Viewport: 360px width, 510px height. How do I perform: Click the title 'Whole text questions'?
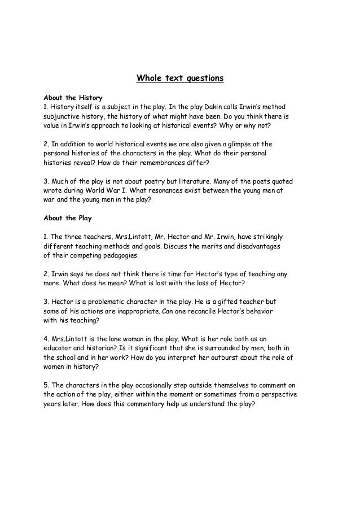tap(180, 78)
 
